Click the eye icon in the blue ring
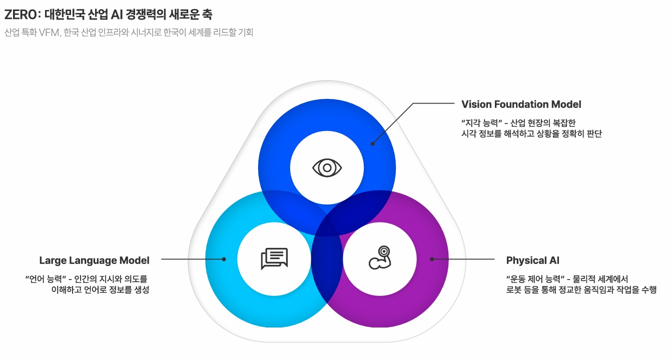click(x=327, y=168)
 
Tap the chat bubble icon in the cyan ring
click(x=274, y=258)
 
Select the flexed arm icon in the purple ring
click(x=379, y=258)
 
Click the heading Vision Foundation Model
click(x=521, y=104)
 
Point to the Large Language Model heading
click(x=94, y=260)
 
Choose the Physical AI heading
click(x=532, y=260)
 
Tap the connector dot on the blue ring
click(x=372, y=143)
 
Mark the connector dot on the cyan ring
click(x=224, y=259)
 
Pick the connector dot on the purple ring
click(x=432, y=259)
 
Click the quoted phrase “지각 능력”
click(x=481, y=122)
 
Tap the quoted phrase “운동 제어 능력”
click(x=535, y=278)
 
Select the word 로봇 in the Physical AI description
click(x=514, y=290)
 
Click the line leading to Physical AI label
click(x=463, y=259)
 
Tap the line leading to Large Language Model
click(x=193, y=259)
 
